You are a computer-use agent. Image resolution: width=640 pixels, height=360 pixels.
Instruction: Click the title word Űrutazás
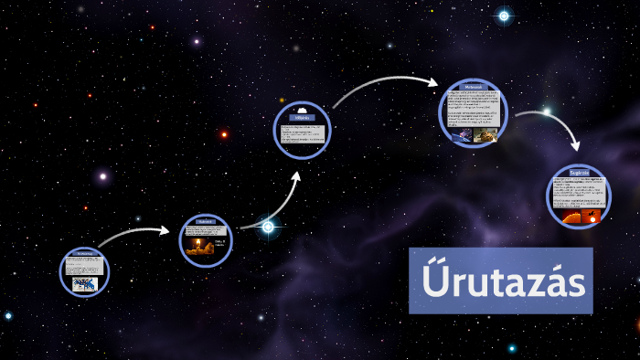pos(501,283)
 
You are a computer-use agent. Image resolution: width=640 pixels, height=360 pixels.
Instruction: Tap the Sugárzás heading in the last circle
pos(579,172)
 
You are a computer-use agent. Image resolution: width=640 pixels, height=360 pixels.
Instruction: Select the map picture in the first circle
pos(85,283)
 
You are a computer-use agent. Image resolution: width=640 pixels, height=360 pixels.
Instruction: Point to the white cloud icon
pos(302,109)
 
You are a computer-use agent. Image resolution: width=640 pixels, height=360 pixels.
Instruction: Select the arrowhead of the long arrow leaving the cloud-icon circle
pos(433,81)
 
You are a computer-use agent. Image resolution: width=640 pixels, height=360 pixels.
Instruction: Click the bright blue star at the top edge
pos(504,16)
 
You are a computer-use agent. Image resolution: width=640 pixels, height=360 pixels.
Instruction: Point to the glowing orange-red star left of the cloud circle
pos(224,135)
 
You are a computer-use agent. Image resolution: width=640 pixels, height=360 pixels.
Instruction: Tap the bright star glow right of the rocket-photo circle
pos(268,227)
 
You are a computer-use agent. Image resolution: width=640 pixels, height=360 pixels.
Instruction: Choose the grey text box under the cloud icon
pos(302,132)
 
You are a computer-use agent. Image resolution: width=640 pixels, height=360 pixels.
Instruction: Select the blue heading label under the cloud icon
pos(302,118)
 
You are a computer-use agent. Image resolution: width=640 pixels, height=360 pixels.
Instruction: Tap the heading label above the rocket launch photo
pos(206,221)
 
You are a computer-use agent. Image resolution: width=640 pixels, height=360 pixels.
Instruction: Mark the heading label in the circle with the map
pos(84,252)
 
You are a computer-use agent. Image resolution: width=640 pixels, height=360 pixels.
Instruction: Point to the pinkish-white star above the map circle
pos(103,175)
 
